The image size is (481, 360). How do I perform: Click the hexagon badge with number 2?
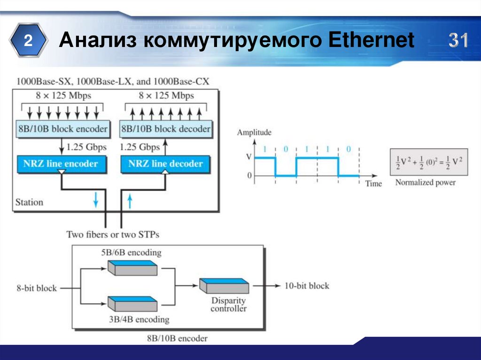tap(29, 41)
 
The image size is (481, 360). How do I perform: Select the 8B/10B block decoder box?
tap(166, 129)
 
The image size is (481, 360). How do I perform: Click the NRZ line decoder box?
tap(166, 164)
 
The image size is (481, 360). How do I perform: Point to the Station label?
tap(29, 202)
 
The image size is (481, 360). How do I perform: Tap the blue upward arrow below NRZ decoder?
tap(131, 201)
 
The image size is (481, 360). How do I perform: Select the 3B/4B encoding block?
tap(132, 304)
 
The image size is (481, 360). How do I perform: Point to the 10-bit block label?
tap(307, 285)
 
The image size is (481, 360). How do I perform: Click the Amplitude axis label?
tap(254, 133)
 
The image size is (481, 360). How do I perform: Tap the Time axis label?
tap(373, 184)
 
